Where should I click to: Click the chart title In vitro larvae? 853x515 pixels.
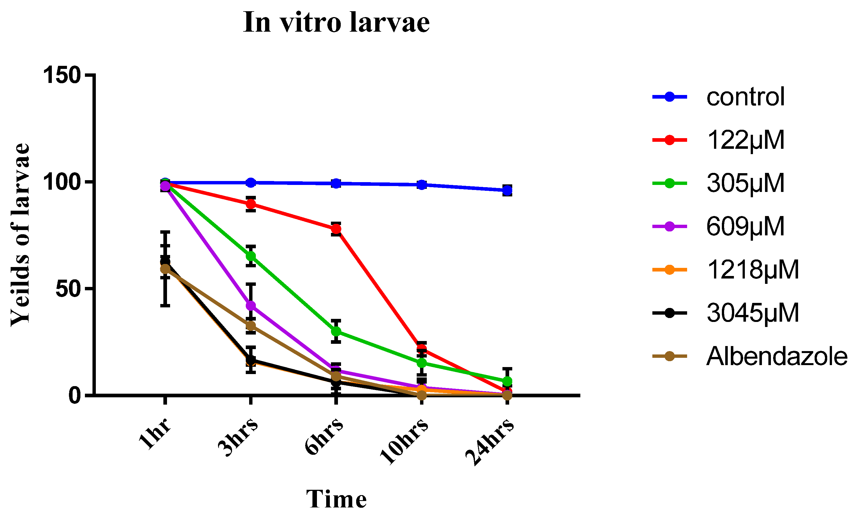coord(336,22)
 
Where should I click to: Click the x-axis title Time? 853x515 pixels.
coord(336,499)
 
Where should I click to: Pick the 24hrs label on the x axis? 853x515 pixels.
coord(490,441)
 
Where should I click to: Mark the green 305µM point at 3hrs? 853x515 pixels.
coord(251,256)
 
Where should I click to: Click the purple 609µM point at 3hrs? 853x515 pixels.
coord(251,306)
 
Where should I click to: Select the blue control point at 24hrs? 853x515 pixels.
coord(507,190)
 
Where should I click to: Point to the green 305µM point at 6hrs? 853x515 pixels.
coord(336,331)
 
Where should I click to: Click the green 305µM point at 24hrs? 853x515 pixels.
coord(507,381)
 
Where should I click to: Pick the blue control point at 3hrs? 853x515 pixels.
coord(251,182)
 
